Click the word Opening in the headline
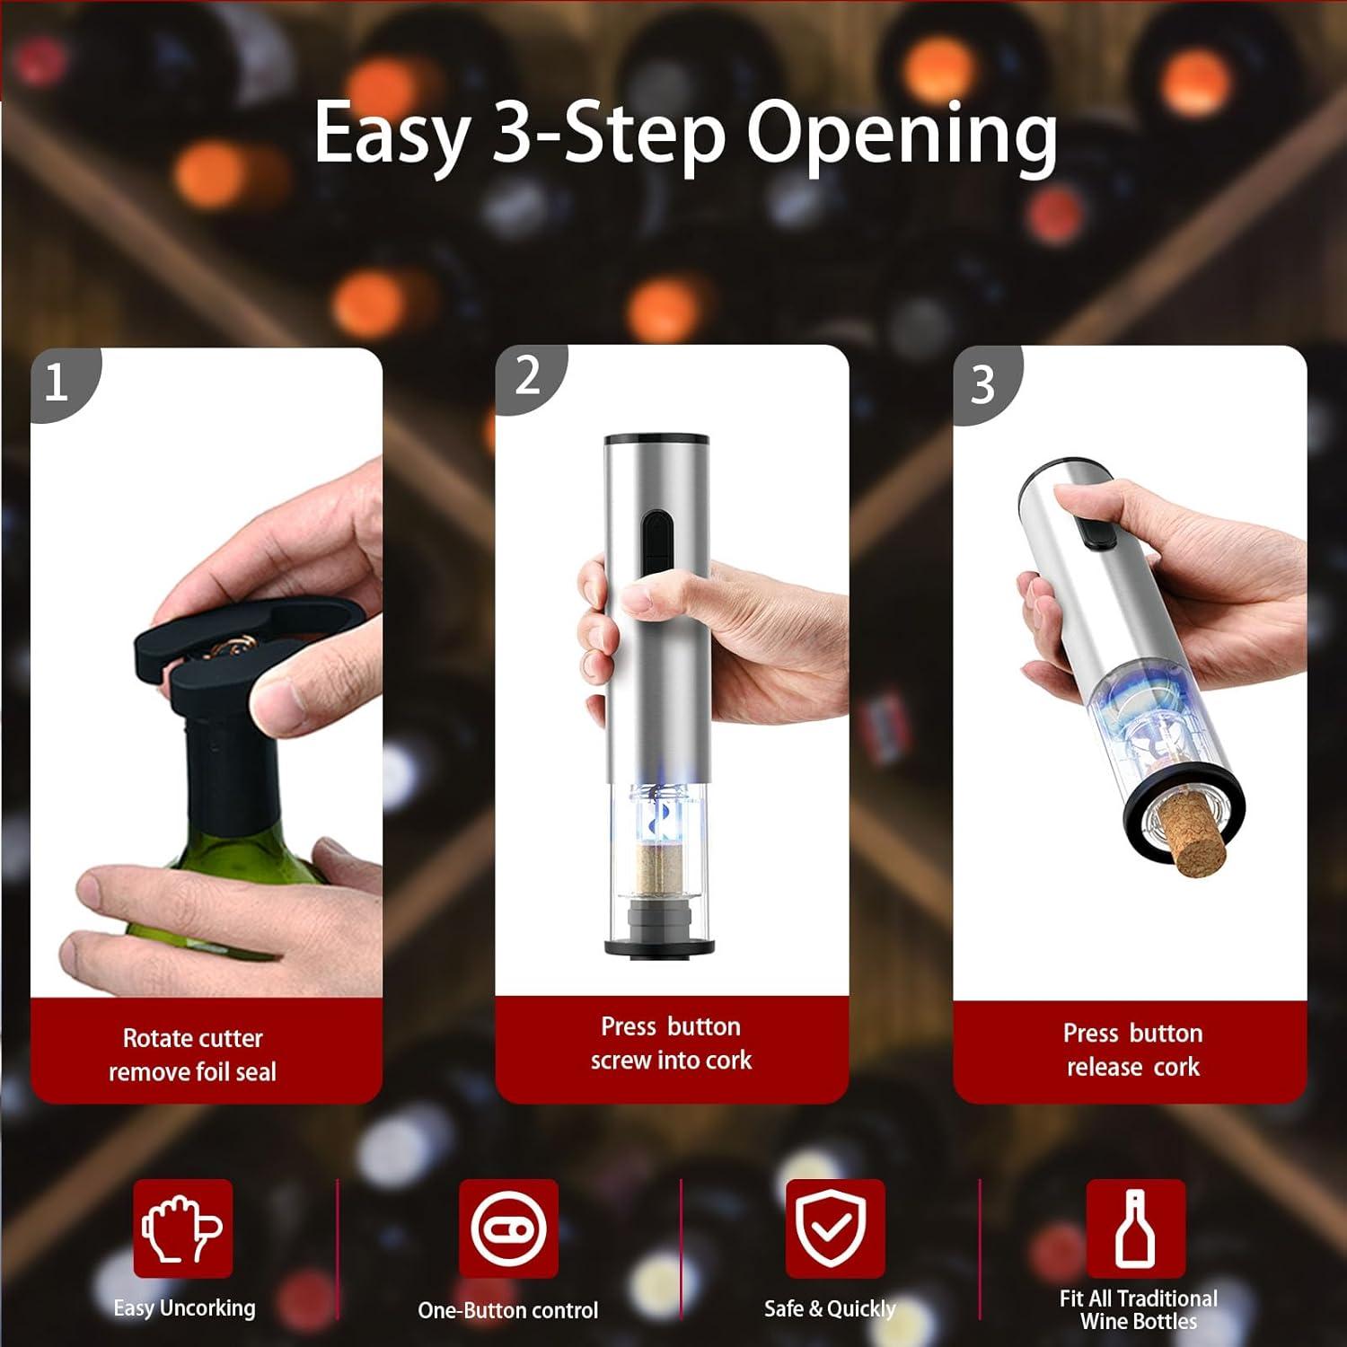coord(902,136)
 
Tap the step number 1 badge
coord(56,384)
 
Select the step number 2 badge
coord(527,376)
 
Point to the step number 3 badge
coord(983,384)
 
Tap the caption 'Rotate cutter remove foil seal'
coord(193,1055)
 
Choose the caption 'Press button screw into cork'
coord(671,1043)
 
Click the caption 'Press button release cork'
coord(1132,1050)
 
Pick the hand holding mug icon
coord(183,1228)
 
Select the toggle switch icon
coord(508,1228)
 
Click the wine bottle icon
coord(1136,1228)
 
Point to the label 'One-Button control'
coord(508,1311)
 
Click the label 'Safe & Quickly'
coord(830,1309)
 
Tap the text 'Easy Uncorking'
coord(184,1308)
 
